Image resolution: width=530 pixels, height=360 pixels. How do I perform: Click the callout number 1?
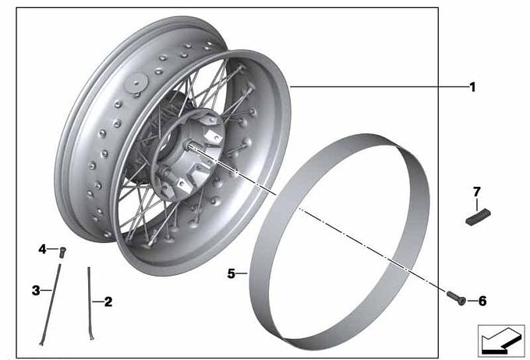point(472,87)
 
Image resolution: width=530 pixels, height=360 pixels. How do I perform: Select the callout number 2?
point(108,302)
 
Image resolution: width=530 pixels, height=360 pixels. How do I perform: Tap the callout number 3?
point(36,291)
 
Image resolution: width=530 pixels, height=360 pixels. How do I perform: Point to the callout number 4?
point(42,249)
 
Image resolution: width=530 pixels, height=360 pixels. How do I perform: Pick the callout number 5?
point(231,274)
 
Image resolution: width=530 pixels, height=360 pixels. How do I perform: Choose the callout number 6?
point(482,301)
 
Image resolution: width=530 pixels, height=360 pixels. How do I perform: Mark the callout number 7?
point(476,192)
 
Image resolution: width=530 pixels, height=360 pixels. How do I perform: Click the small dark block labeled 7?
point(478,217)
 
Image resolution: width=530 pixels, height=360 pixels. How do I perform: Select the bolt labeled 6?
point(456,298)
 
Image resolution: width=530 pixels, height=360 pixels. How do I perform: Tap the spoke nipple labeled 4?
point(62,252)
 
